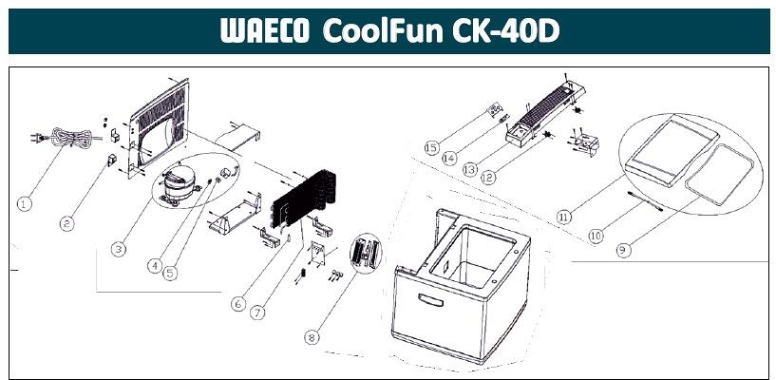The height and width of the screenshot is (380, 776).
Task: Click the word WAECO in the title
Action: pos(265,30)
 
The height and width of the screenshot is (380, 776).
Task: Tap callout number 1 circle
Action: pos(25,203)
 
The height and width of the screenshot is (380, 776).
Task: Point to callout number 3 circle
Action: pos(118,249)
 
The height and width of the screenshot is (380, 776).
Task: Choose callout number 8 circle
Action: pos(312,337)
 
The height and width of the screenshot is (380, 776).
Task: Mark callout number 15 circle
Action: pos(432,147)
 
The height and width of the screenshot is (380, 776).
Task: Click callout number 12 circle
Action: pos(488,177)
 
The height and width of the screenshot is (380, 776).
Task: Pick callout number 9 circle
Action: pos(624,251)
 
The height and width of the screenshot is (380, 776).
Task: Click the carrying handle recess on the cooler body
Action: pos(430,300)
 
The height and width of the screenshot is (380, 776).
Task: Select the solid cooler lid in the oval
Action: pos(672,152)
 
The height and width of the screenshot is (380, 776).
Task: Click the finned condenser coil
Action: pos(306,198)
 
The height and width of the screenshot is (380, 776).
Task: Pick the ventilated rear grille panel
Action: pos(159,127)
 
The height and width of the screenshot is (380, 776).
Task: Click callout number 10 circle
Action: pos(596,236)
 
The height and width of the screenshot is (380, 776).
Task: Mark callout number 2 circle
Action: pos(66,223)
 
